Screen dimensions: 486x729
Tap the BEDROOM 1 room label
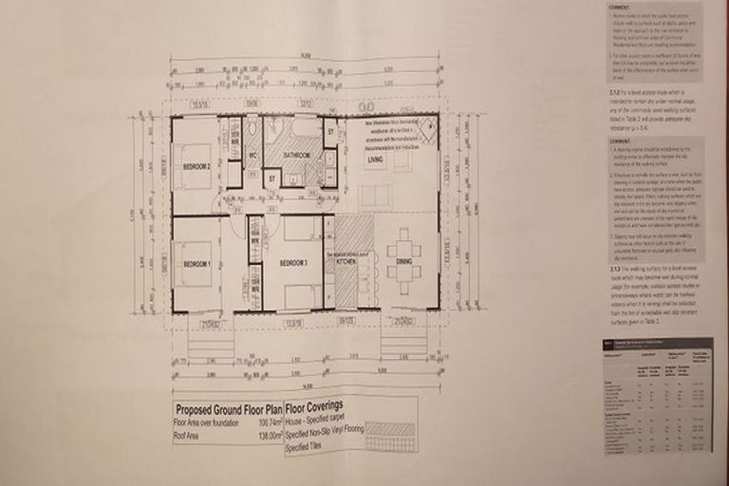(196, 263)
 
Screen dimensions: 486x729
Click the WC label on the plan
(253, 156)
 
